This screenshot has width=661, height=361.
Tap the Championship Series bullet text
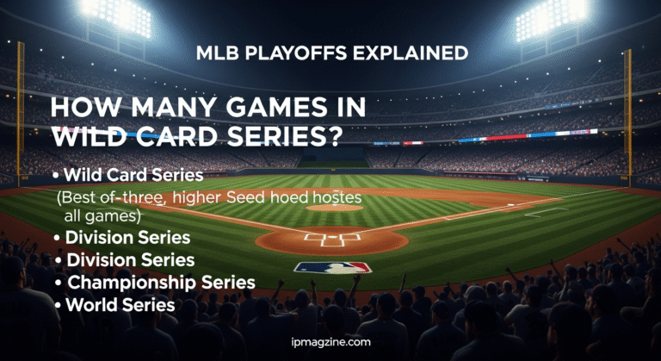click(x=161, y=282)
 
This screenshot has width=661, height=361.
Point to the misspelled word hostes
click(x=336, y=198)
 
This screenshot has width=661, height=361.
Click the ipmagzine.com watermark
click(x=330, y=342)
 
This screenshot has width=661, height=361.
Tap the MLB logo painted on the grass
click(x=331, y=267)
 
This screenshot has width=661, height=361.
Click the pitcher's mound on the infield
click(x=334, y=208)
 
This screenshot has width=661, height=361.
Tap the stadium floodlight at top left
click(x=115, y=12)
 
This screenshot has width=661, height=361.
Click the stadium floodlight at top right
click(x=550, y=15)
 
